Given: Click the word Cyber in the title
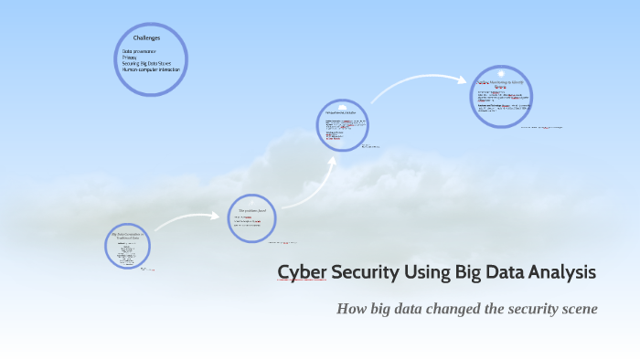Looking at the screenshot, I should (300, 272).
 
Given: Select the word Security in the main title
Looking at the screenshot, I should (364, 272).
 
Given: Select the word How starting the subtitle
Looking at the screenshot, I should (352, 309).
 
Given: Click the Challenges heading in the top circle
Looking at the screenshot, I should (146, 38).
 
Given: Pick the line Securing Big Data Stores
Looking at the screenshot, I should (147, 63).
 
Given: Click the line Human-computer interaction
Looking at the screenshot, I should (151, 69).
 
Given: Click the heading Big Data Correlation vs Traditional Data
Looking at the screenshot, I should (127, 236).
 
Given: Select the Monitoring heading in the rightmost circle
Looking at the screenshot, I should (499, 83).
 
